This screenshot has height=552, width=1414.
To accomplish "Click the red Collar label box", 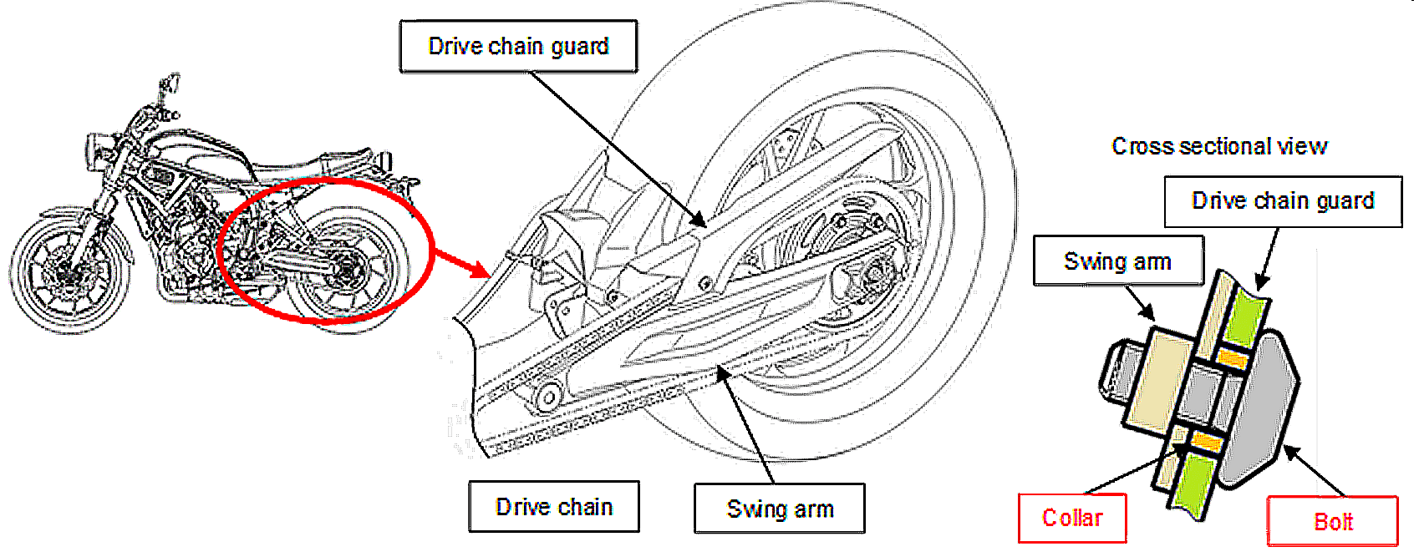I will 1072,519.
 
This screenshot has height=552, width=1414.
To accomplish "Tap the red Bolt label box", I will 1332,522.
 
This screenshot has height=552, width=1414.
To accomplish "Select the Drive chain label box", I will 554,507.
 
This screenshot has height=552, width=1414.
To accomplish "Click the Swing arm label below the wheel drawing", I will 780,509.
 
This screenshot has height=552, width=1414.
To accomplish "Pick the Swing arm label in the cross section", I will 1118,261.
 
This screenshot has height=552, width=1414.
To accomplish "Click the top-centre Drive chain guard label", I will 518,47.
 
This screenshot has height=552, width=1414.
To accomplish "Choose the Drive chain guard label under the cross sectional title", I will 1283,201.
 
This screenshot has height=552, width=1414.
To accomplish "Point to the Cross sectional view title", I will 1218,147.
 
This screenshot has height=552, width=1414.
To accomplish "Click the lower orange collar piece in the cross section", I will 1203,441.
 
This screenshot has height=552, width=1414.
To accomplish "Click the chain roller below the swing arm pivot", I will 547,398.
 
